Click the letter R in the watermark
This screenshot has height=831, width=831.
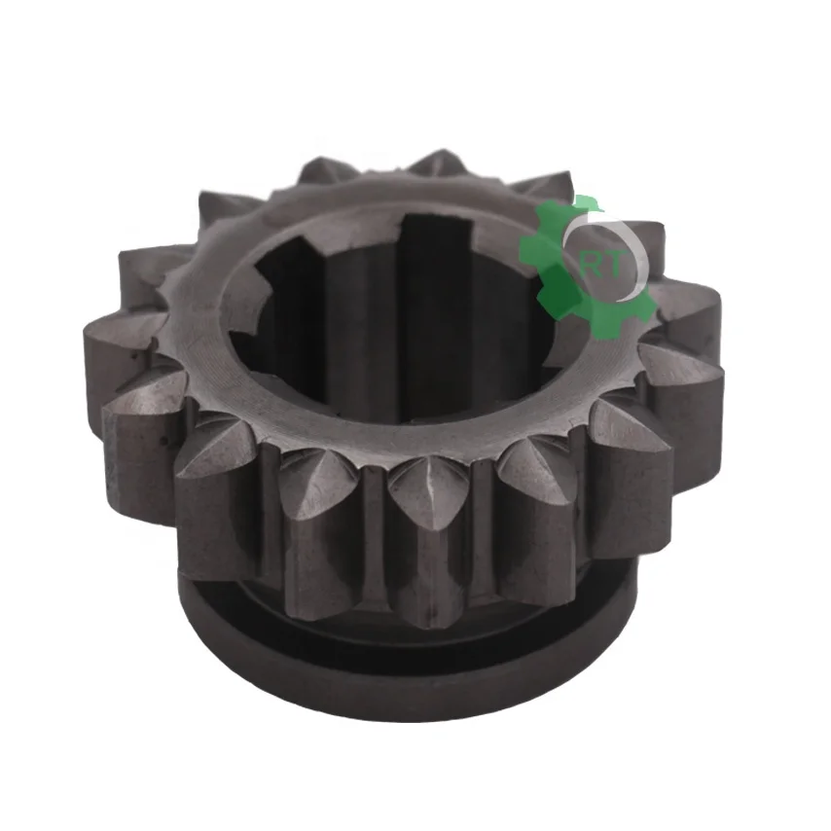(592, 267)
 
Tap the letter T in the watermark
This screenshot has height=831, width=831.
(614, 265)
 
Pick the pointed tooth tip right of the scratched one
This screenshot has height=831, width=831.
(541, 466)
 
